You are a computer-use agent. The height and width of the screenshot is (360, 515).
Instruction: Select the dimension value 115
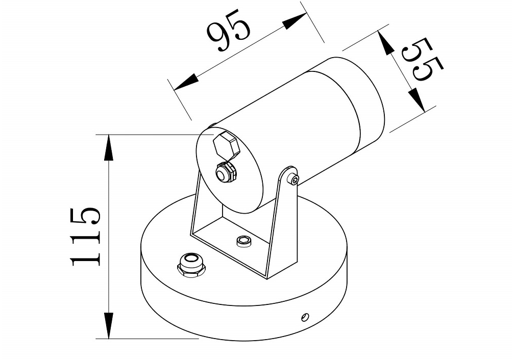tap(85, 236)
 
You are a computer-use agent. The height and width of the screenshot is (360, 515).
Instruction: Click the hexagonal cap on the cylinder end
tap(226, 146)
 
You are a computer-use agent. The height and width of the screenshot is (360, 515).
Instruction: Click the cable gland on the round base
tap(191, 265)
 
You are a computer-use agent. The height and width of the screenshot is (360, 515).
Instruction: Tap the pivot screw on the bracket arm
tap(293, 179)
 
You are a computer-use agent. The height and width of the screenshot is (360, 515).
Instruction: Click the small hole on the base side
tap(305, 317)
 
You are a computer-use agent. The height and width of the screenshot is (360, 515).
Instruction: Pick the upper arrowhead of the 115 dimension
tap(108, 147)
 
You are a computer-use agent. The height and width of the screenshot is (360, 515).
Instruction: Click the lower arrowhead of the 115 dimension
tap(108, 325)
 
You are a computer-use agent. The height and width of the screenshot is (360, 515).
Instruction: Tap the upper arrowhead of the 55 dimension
tap(385, 42)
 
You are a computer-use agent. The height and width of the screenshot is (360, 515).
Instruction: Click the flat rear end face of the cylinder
tap(229, 171)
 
